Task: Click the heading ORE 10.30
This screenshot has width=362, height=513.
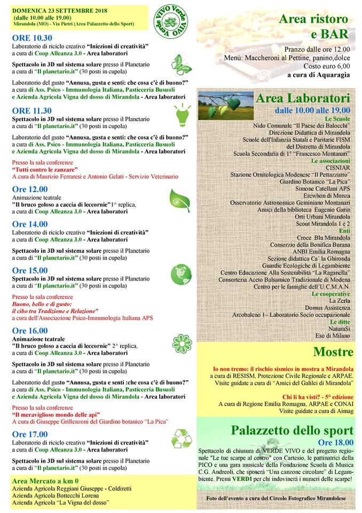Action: tap(32, 38)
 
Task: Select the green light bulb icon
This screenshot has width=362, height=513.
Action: tap(180, 113)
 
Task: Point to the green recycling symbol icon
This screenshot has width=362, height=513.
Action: tap(181, 439)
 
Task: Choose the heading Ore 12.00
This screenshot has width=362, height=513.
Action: tap(30, 189)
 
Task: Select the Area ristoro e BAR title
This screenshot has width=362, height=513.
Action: tap(313, 27)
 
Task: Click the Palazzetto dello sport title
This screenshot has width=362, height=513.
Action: tap(292, 430)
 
